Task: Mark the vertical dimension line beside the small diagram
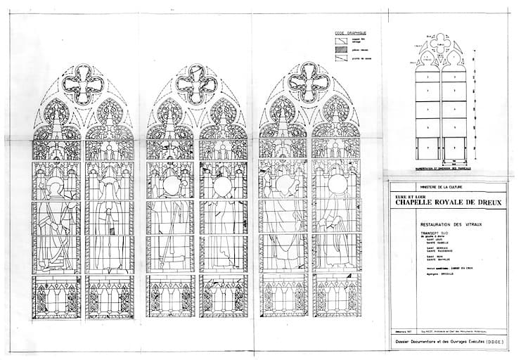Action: coord(472,105)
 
